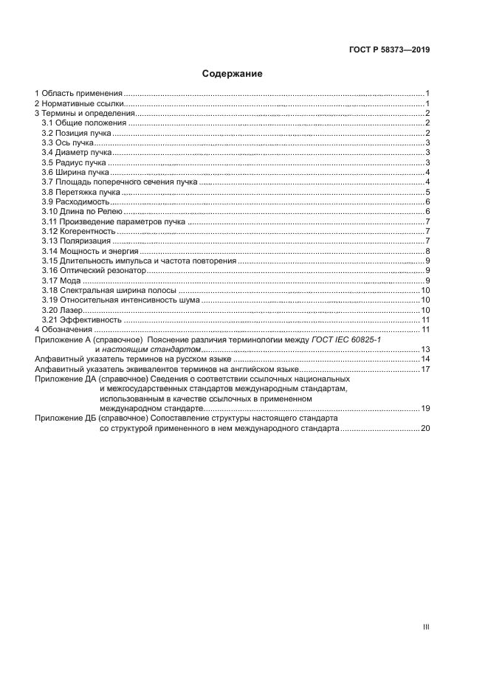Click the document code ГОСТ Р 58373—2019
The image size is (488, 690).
[390, 50]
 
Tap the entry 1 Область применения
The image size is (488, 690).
[79, 93]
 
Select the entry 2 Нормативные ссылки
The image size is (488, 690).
[79, 103]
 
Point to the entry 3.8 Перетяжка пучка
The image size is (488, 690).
[80, 192]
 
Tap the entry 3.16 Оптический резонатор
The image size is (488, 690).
[90, 271]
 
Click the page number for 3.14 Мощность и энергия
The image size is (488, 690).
[427, 251]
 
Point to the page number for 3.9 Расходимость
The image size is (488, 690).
[427, 201]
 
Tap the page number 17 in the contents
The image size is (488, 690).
[425, 368]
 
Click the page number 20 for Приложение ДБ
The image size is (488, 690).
[425, 428]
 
